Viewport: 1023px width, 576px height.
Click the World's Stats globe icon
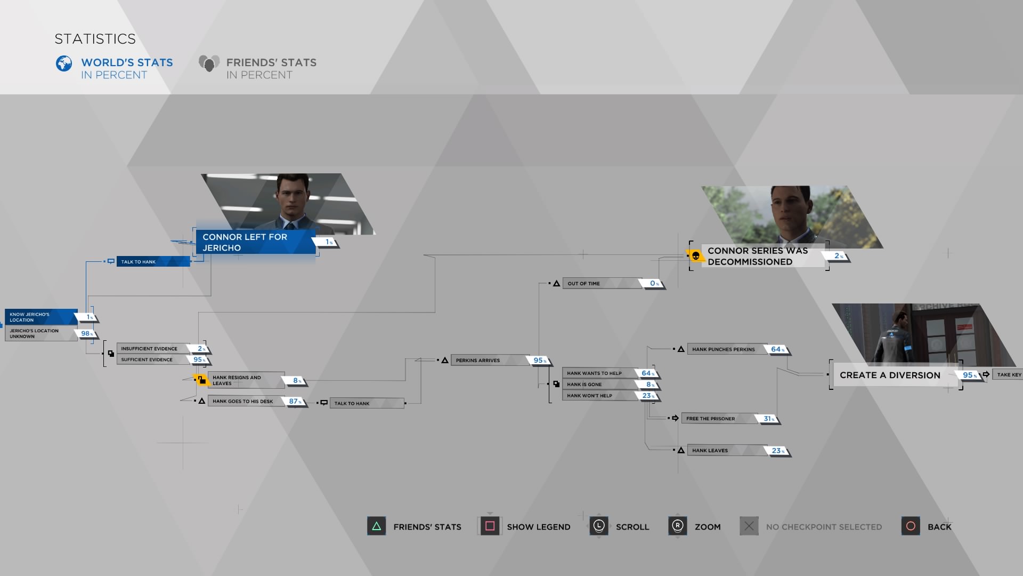[x=64, y=63]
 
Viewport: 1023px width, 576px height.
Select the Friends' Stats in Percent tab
[x=258, y=68]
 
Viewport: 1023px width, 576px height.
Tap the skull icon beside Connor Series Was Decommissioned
[x=695, y=257]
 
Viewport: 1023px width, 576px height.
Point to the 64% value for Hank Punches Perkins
[x=776, y=349]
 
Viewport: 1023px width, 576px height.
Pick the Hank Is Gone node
[x=599, y=385]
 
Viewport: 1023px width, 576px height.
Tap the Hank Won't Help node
[x=599, y=396]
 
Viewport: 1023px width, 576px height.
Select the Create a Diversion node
[x=890, y=375]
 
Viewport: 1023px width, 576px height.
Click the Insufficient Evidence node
[x=152, y=349]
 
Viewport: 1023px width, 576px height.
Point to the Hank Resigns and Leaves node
[x=245, y=380]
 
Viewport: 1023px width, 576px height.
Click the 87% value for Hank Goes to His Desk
[x=294, y=402]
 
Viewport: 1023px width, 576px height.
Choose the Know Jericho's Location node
[x=40, y=317]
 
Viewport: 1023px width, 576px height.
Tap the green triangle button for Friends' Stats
[x=376, y=526]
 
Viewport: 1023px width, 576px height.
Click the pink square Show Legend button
[x=490, y=526]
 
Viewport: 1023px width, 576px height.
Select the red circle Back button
[x=911, y=526]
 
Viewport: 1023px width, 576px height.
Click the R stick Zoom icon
[x=677, y=526]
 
